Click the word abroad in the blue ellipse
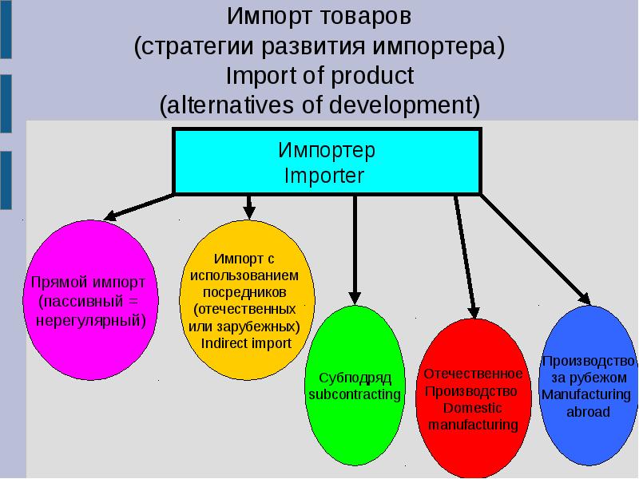tap(588, 413)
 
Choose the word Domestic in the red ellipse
tap(473, 408)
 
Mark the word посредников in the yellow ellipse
tap(244, 292)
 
